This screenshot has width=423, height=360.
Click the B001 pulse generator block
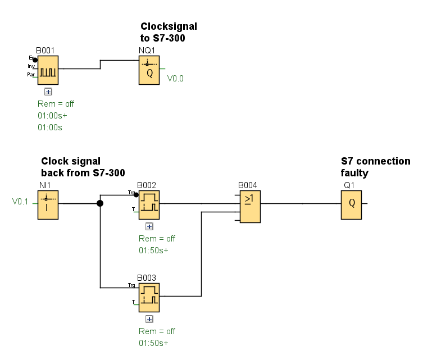(48, 69)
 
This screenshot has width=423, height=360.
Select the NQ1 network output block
(149, 70)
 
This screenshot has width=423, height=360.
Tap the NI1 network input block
(48, 204)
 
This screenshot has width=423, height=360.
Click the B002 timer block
(149, 204)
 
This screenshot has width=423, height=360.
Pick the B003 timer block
(149, 297)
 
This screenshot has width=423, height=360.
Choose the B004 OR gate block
(249, 207)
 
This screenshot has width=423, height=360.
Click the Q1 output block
(351, 204)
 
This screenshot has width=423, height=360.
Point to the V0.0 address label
(175, 79)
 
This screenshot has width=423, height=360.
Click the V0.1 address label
(20, 201)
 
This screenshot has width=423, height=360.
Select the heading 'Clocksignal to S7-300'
(168, 32)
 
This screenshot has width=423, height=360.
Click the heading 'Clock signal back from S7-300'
(83, 167)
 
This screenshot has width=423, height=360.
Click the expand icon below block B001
(48, 91)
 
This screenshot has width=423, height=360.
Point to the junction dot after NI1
(100, 203)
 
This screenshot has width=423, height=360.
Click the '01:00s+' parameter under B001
(52, 116)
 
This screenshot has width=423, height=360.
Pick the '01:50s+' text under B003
(153, 343)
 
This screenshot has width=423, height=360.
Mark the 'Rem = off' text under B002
(157, 239)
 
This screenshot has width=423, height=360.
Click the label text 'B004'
(248, 185)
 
